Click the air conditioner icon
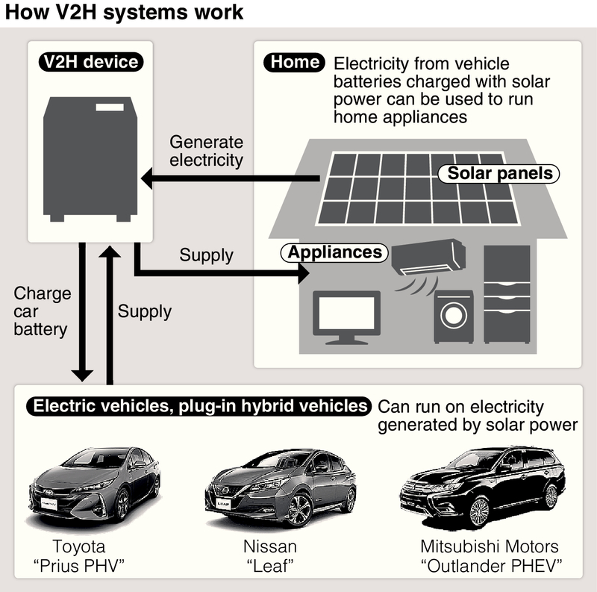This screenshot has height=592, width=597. (428, 258)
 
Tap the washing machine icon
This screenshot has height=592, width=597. (454, 316)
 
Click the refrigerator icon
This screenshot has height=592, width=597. (507, 296)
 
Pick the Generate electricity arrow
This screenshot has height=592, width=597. (231, 177)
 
